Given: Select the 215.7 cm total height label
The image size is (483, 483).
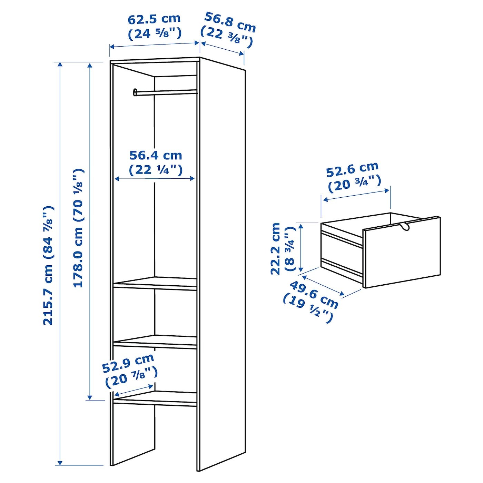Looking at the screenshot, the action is click(x=48, y=266).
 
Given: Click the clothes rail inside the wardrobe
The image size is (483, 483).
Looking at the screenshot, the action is click(x=165, y=92).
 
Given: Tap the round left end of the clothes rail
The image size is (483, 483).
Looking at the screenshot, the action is click(x=135, y=92).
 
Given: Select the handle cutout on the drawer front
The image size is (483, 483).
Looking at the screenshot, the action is click(x=404, y=226).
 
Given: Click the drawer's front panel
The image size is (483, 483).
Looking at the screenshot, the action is click(x=402, y=252).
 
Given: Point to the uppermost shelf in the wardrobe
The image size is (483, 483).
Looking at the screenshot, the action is click(x=155, y=284).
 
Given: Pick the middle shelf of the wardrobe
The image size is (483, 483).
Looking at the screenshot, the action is click(x=155, y=342).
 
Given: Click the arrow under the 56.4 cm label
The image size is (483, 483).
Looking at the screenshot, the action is click(x=155, y=179).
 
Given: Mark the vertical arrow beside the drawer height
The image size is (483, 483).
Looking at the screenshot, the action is click(x=301, y=248).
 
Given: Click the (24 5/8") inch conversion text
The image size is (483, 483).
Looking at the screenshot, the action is click(x=155, y=34).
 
